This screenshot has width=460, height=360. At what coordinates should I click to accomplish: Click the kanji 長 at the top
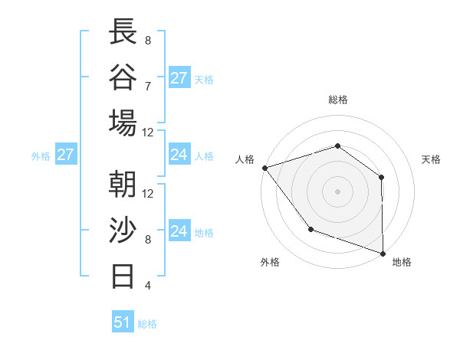pos(123,32)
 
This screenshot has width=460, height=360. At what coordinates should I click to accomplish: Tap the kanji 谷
pos(123,77)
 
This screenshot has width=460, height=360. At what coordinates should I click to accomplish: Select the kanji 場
pos(123,123)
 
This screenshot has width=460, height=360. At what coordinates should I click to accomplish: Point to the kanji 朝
pos(123,185)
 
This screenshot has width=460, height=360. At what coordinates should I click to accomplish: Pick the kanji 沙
pos(123,230)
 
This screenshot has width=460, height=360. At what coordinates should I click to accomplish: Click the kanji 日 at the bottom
pos(123,275)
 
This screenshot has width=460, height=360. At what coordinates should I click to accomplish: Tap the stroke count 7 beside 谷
pos(147,86)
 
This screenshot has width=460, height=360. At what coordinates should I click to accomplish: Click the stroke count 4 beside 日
pos(147,286)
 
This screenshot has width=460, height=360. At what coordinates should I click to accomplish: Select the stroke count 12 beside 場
pos(147,132)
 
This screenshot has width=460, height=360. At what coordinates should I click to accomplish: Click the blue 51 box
pos(123,322)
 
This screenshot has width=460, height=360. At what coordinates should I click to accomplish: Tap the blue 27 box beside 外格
pos(65,155)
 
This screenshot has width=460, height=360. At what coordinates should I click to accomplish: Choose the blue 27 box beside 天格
pos(179,78)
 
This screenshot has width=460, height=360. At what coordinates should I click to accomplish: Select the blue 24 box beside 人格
pos(179,155)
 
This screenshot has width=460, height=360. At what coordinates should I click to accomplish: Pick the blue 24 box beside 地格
pos(179,231)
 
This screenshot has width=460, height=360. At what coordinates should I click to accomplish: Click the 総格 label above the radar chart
pos(337,100)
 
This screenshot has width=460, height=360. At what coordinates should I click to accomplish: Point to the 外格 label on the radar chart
pos(270,262)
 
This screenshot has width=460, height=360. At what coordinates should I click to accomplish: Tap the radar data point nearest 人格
pos(264,167)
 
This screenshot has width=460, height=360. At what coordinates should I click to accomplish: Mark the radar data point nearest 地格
pos(383,252)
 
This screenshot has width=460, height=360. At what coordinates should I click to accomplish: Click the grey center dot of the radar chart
pos(337,191)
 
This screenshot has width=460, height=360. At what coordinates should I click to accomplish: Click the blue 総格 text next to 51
pos(147,324)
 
